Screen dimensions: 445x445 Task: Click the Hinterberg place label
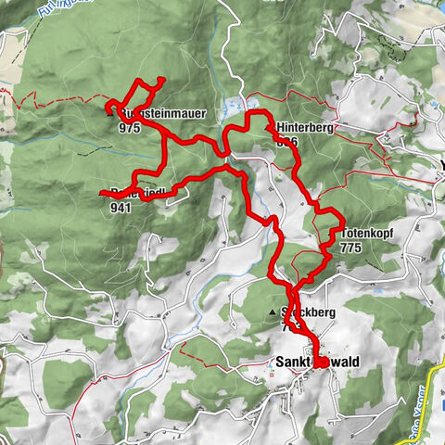click(x=303, y=127)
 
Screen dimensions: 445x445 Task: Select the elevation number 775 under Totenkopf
click(x=350, y=248)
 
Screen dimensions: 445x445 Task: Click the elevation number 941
click(x=121, y=208)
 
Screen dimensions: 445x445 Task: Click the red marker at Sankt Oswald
click(x=320, y=362)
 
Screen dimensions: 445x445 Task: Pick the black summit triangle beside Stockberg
click(x=273, y=311)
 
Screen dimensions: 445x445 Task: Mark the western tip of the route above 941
click(x=100, y=193)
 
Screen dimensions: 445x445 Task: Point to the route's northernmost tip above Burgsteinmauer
click(x=161, y=79)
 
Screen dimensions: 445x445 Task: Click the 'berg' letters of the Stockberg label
click(x=320, y=313)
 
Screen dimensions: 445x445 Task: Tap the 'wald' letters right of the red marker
click(x=344, y=362)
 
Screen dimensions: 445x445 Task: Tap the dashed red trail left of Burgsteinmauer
click(x=56, y=100)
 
